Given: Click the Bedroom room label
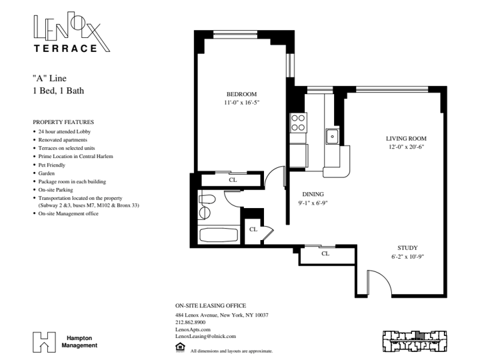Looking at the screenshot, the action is [241, 94].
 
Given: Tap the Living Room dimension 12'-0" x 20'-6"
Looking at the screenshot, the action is [406, 147].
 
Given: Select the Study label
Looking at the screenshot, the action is [407, 248].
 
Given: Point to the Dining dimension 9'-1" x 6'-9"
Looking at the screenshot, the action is [313, 203].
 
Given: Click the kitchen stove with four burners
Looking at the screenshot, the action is [298, 123].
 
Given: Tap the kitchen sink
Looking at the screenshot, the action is [332, 137].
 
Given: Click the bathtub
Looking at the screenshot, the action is [219, 235].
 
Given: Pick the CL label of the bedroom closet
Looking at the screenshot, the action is [233, 180].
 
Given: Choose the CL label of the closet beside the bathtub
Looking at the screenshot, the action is [253, 229].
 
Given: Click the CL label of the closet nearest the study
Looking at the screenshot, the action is [325, 253].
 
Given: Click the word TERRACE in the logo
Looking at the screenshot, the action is [65, 49].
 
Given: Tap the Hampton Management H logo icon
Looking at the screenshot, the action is [45, 342].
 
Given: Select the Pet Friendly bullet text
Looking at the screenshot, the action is [52, 165].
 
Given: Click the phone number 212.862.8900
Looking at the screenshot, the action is [191, 323].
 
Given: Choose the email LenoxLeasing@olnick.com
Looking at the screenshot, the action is [206, 336].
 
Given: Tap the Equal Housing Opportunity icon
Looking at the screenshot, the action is [180, 347].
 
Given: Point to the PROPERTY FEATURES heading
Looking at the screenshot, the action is [63, 122].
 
